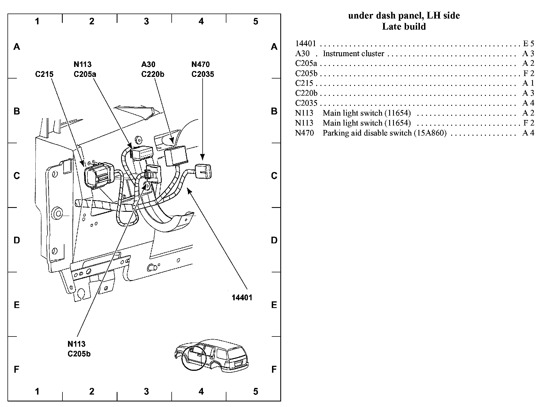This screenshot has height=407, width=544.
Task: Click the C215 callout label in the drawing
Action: (44, 74)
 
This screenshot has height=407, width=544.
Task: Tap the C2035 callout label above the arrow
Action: (203, 74)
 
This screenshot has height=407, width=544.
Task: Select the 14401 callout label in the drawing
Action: (242, 298)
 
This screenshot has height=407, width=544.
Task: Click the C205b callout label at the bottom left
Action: (79, 354)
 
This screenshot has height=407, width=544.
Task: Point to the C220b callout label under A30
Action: (153, 74)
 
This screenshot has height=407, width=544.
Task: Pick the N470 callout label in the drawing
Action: (200, 64)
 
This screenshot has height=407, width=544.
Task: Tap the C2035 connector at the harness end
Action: (203, 171)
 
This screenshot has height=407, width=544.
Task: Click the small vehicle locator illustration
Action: (211, 354)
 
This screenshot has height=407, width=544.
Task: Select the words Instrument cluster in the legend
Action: (353, 54)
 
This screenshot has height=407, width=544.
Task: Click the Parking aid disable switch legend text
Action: (385, 133)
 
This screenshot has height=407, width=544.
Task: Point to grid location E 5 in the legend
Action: (529, 44)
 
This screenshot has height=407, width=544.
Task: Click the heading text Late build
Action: (404, 27)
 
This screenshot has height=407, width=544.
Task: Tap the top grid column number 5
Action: (255, 21)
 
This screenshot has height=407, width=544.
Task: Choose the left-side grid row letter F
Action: (17, 369)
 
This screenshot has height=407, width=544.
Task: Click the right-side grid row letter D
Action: (274, 240)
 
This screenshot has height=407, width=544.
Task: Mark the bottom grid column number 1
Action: (37, 391)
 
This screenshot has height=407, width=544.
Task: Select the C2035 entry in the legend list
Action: (306, 103)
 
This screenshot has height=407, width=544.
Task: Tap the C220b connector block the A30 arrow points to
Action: (176, 156)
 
